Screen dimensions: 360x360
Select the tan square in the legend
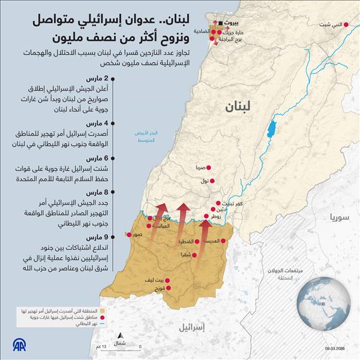point(102,311)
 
